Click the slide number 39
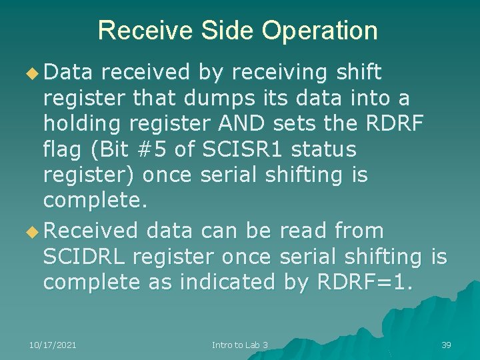[x=446, y=345]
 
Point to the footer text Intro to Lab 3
[x=240, y=345]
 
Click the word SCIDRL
[x=85, y=257]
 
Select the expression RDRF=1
[x=364, y=282]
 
